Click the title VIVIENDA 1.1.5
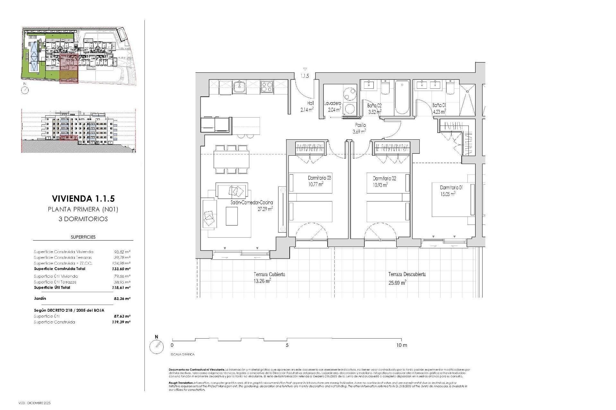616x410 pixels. coord(83,199)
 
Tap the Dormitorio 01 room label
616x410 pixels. coord(451,187)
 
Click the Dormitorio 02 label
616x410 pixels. coord(384,178)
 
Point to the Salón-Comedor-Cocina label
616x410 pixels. coord(252,202)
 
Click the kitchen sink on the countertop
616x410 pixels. coord(239,87)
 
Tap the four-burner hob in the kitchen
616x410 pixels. coord(267,87)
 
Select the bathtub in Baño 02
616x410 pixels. coord(402,98)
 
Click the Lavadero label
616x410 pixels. coord(332,103)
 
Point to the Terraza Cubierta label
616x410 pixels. coord(269,275)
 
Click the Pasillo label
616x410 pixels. coord(360,125)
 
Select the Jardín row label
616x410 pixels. coord(40,298)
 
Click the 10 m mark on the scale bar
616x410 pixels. coord(401,345)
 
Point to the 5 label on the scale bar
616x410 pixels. coord(287,345)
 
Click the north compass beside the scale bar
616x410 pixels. coord(157,347)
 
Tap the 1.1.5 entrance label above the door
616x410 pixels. coord(304,76)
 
